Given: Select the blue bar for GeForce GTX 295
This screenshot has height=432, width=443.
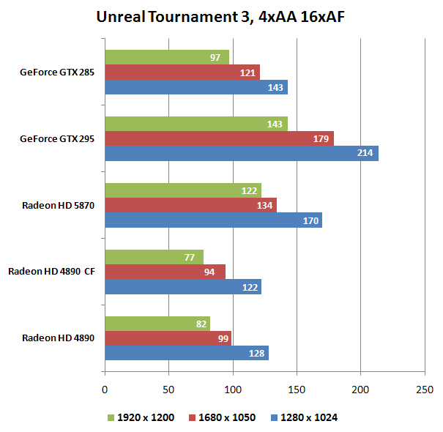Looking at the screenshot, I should pos(241,153).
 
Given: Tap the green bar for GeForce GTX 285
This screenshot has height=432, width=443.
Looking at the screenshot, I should pos(166,57).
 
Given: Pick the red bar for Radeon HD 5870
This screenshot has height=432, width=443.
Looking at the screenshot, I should pos(190,205).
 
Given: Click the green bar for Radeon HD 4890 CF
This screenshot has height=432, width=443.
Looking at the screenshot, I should pos(154,257).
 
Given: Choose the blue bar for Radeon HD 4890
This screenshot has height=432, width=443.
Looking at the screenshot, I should pos(186,353).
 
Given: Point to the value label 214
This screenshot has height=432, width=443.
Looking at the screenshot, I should pos(365,153).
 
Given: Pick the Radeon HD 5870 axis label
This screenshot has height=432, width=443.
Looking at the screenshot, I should pos(58,205).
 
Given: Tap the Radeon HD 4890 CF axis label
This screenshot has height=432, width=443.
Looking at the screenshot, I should pos(51,272).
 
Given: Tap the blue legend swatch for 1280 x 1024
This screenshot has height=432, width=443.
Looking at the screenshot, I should pos(274,417).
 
